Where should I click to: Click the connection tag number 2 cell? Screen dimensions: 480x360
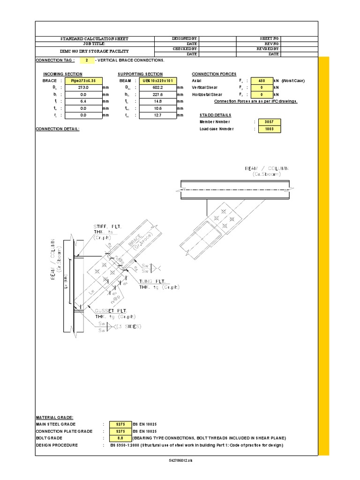click(x=87, y=60)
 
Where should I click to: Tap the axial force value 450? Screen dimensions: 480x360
click(x=262, y=81)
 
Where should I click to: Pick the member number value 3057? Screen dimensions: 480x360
click(x=269, y=122)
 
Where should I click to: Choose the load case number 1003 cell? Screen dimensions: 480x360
click(x=269, y=129)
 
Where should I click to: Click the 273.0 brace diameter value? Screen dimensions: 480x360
click(x=83, y=87)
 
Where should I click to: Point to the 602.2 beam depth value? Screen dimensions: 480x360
click(x=157, y=87)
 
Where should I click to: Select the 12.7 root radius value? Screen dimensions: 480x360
click(x=157, y=114)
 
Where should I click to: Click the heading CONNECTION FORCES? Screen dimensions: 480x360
click(x=214, y=74)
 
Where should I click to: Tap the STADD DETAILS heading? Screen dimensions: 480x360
click(x=215, y=115)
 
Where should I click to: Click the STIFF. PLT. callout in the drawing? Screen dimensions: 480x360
click(x=108, y=227)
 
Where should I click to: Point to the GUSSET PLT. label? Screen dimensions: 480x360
click(x=108, y=311)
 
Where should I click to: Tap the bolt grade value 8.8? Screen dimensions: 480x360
click(x=120, y=438)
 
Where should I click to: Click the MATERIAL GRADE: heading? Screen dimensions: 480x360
click(x=54, y=417)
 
